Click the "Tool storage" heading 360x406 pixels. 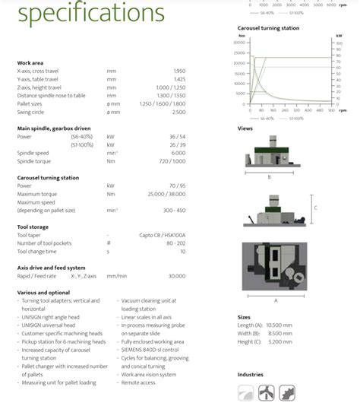34,227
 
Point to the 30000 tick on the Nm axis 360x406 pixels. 240,43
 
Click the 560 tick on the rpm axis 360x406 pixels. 331,111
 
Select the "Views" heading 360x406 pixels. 245,128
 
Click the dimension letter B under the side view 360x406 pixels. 269,176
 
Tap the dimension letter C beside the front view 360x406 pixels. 316,207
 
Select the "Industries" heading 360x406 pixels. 251,374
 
